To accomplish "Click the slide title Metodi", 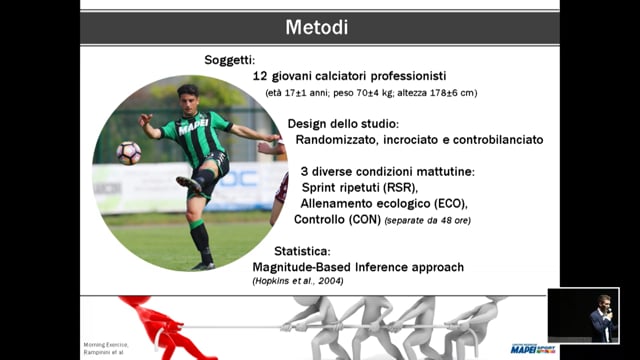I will [319, 27].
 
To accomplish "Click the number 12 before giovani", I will [262, 76].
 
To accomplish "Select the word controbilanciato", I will [495, 140].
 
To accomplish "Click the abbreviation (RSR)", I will [402, 186].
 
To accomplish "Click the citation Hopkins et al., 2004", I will [299, 284].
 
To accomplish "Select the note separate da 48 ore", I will [429, 220].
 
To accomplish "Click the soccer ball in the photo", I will [129, 153].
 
